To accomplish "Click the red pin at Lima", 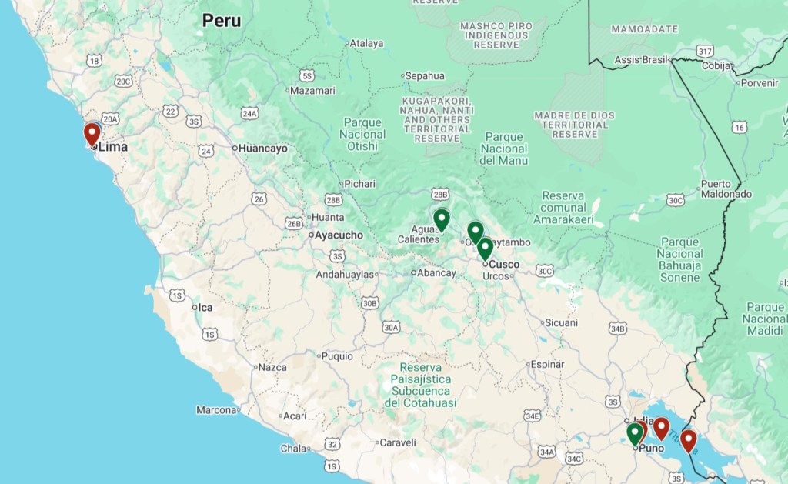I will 92,135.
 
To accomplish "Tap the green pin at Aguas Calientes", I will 441,220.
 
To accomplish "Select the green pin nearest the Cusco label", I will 485,249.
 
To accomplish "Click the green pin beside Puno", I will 634,434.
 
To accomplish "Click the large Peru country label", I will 222,21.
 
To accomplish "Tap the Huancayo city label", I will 263,148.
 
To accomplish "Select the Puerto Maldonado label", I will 726,189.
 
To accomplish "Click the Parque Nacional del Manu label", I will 503,149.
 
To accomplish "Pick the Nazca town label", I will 272,367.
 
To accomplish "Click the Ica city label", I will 205,307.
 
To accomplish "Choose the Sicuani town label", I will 561,322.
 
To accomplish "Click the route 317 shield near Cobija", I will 704,51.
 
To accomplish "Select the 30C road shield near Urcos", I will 544,271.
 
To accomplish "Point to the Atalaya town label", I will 366,43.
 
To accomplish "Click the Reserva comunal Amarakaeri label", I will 563,208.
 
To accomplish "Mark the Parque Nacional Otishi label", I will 362,134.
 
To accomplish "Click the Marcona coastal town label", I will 216,410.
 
